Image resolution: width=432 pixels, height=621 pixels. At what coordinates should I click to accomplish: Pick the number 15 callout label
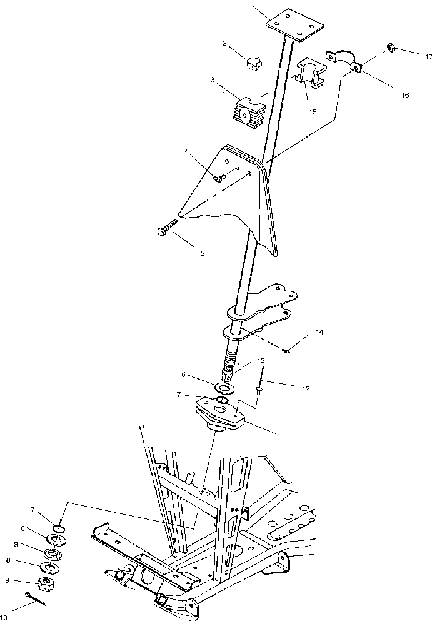point(313,113)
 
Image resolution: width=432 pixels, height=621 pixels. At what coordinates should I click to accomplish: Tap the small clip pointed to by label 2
point(253,62)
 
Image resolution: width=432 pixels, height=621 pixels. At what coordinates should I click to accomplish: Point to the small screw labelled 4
point(219,177)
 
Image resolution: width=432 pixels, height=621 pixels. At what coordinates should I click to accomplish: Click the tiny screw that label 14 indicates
point(284,351)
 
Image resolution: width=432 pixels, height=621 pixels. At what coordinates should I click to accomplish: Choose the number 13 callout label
point(261,361)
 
